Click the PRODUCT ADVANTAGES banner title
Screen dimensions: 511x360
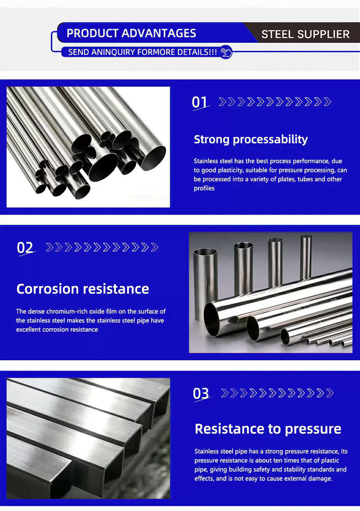(x=131, y=33)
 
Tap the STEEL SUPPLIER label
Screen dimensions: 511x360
(x=305, y=34)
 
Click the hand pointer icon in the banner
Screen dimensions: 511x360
(x=226, y=52)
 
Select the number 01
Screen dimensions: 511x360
(x=200, y=102)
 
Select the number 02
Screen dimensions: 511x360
(x=25, y=247)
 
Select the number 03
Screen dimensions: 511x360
(x=201, y=393)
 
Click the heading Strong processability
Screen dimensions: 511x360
(x=251, y=139)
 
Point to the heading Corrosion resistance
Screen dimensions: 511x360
(x=83, y=289)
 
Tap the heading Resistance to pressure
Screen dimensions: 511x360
(x=268, y=429)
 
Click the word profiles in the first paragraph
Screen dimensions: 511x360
(x=204, y=188)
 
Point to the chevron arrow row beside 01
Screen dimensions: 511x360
(x=275, y=102)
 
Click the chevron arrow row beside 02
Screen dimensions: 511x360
(x=102, y=247)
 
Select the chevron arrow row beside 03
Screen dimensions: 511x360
(x=277, y=393)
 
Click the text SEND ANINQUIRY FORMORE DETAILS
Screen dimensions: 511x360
(x=142, y=52)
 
